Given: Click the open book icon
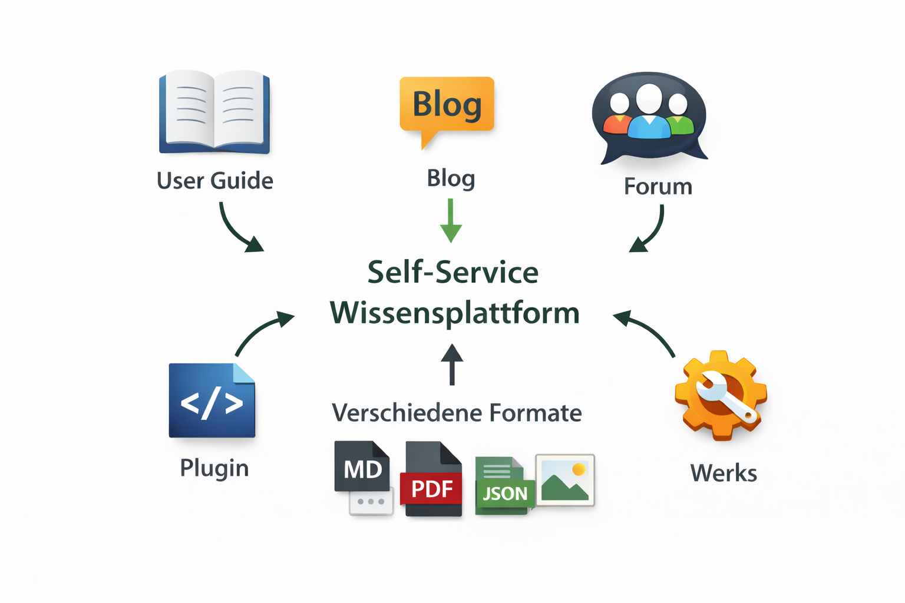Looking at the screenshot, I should point(214,111).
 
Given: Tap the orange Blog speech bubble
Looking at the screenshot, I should point(447,106).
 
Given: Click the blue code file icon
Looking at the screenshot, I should point(212,401).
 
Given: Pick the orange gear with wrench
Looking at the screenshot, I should point(721,395).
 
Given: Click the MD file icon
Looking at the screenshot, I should point(362,468).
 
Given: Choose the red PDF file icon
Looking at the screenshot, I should point(433,480).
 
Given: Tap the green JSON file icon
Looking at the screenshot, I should point(504,486).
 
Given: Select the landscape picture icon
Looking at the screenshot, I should point(565,480).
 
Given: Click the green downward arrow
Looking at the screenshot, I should point(451,221).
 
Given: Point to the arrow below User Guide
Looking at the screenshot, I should point(238,229).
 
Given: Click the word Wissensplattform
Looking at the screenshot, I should point(454,313).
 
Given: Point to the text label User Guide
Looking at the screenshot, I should point(215,181).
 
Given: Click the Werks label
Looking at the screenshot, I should point(724,473).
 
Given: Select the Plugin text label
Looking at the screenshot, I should point(214,468).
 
